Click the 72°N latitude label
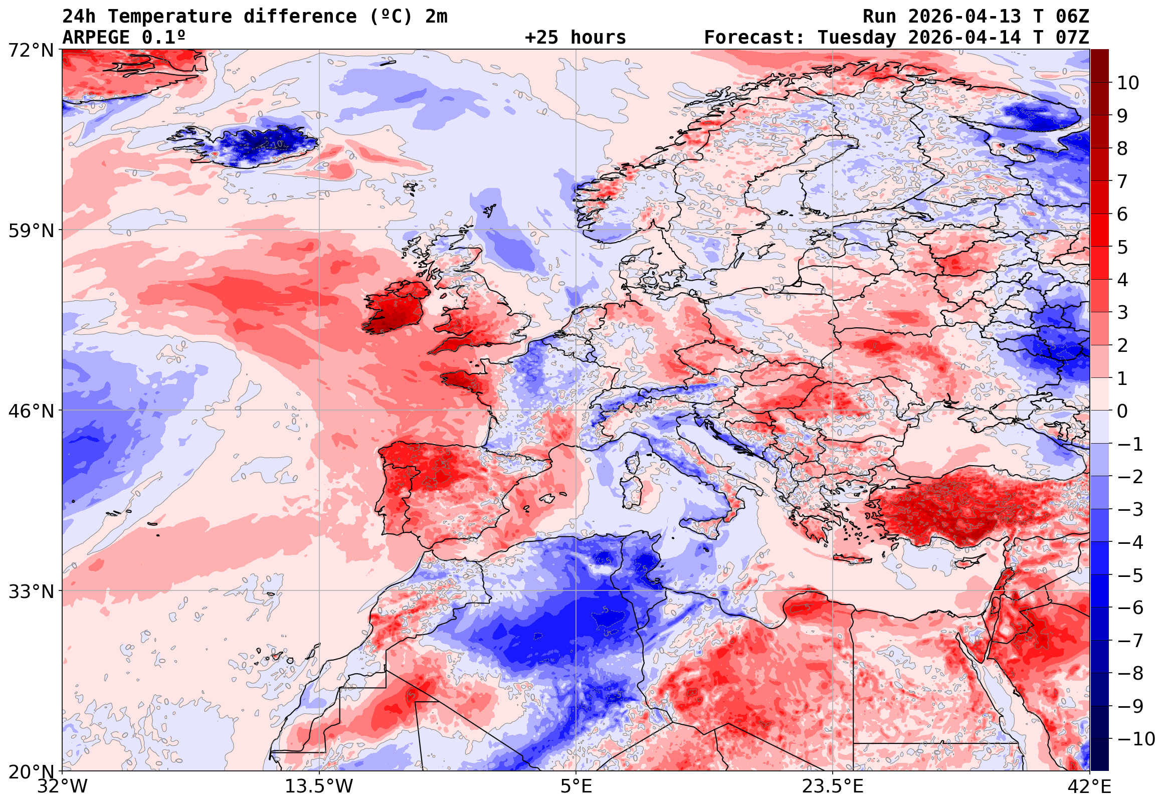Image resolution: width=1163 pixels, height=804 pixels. coord(30,51)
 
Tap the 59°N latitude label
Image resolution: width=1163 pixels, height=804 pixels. coord(30,231)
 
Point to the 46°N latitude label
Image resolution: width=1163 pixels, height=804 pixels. coord(30,411)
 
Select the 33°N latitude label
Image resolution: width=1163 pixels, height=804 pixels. coord(30,591)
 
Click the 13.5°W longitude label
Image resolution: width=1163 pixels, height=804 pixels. coord(319,786)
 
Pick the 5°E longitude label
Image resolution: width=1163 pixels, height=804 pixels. coord(575,786)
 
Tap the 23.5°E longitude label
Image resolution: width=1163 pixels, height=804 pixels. coord(832,786)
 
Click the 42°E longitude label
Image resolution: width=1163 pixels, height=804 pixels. coord(1089,786)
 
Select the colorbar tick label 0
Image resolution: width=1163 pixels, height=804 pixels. coord(1122,411)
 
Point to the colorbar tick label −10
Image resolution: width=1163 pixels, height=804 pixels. coord(1136,739)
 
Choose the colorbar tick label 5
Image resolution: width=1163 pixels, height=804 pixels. coord(1122,247)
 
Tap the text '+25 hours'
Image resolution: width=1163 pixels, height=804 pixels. coord(575,37)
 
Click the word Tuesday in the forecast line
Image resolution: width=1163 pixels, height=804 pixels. coord(857,37)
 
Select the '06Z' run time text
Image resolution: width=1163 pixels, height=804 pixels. coord(1072,16)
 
